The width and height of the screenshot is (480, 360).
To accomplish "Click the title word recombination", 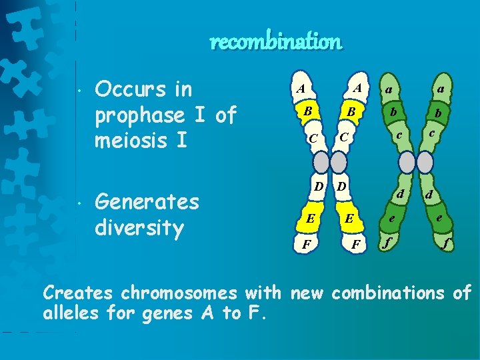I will (275, 42).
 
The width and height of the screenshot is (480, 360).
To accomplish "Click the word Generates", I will (147, 201).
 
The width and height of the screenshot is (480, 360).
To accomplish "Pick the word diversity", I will (139, 228).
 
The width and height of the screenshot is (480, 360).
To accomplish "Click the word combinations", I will (389, 292).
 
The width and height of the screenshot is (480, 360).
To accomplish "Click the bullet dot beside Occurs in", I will (79, 89).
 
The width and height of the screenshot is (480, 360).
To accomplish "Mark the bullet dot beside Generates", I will (79, 201).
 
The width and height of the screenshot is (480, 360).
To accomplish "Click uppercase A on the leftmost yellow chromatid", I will (301, 88).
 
